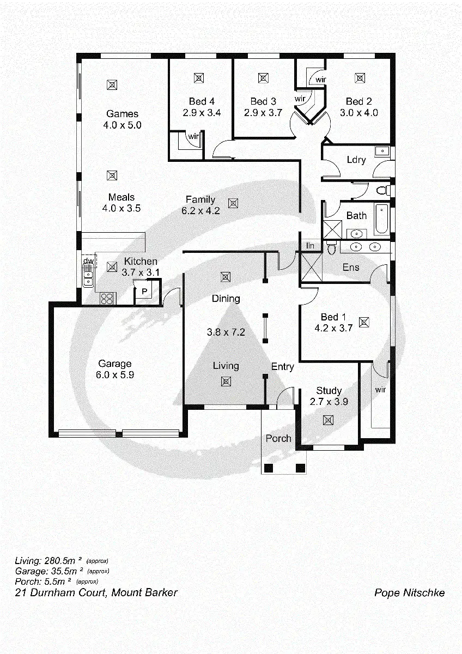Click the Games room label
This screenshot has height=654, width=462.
[122, 114]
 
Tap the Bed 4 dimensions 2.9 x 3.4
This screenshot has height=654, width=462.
[202, 113]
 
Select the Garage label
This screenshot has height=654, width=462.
[114, 364]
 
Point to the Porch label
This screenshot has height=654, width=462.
[278, 438]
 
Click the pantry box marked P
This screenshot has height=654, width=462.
[144, 292]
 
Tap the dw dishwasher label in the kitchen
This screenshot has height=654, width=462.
[88, 262]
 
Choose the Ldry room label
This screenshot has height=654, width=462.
[356, 160]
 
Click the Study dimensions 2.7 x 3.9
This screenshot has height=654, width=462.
[329, 402]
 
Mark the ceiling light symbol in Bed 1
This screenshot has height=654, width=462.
[364, 322]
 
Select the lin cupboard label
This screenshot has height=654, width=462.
[311, 246]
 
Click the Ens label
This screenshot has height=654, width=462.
[351, 267]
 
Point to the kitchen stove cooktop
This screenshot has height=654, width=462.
[107, 298]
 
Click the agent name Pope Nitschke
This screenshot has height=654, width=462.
[409, 593]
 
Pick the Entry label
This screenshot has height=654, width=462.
[282, 367]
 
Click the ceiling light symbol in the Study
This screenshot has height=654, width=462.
[328, 420]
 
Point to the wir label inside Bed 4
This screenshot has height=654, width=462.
[193, 137]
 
